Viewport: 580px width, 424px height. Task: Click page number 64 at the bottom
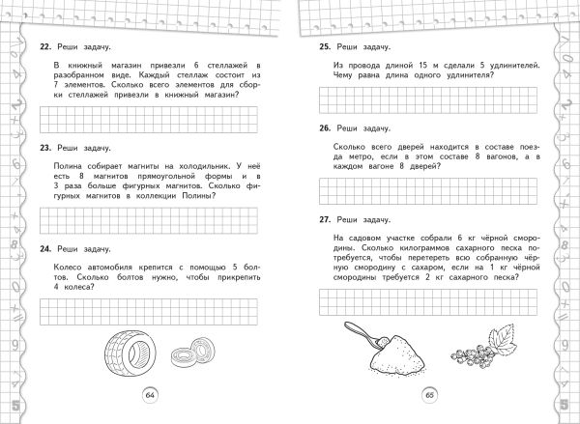tap(150, 394)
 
